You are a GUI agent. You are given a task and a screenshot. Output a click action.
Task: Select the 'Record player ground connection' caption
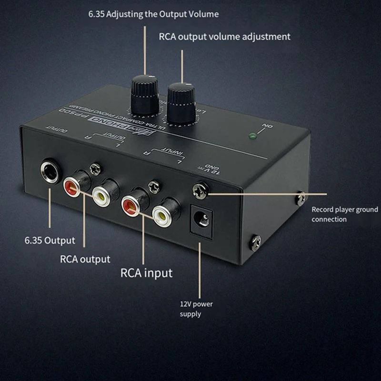pyautogui.click(x=344, y=214)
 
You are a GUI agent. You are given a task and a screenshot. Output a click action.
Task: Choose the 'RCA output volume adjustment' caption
pyautogui.click(x=224, y=36)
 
